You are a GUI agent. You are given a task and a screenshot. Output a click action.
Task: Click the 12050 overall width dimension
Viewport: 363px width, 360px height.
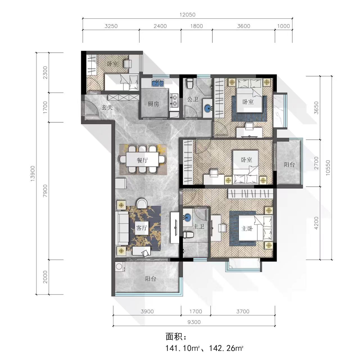(187, 15)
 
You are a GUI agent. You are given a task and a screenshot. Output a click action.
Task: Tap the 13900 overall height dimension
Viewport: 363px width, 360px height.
(33, 174)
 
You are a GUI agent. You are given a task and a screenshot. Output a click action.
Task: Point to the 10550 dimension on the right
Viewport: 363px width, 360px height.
(328, 168)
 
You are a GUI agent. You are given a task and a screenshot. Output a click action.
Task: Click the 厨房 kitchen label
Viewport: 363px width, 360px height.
(153, 104)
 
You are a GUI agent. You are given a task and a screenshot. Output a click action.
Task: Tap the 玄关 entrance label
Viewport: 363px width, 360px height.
(107, 107)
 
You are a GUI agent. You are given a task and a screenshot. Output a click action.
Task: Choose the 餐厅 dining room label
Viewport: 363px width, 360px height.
(142, 160)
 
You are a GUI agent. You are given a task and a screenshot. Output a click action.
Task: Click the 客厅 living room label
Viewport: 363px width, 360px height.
(142, 228)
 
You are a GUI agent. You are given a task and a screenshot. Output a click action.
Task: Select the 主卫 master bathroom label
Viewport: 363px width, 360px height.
(199, 226)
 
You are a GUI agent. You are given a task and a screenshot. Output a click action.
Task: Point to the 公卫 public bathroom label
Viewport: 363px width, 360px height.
(193, 99)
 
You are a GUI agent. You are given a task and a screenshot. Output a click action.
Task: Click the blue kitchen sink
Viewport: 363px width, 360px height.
(158, 83)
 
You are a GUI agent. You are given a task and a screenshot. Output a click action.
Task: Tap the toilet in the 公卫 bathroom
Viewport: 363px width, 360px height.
(189, 84)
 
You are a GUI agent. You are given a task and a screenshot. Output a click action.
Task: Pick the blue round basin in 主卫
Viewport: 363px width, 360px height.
(188, 217)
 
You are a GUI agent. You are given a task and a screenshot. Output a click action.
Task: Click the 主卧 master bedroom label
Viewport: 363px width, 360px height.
(247, 229)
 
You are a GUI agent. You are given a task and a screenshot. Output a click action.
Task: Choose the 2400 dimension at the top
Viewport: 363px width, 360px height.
(160, 26)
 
